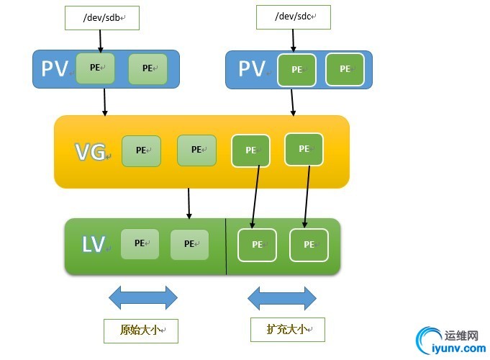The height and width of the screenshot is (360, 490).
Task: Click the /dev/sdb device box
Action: [101, 18]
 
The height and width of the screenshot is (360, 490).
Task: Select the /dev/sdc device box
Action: [292, 17]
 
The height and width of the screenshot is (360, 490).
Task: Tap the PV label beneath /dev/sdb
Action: [55, 68]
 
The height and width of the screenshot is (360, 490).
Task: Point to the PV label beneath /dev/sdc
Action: [253, 69]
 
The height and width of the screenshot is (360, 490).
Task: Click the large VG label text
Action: [91, 151]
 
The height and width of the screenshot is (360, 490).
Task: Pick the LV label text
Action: [94, 245]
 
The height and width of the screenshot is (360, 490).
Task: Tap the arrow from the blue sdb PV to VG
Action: [105, 102]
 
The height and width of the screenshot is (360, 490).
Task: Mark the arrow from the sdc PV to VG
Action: [292, 102]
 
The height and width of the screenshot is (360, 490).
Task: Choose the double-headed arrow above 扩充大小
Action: [282, 297]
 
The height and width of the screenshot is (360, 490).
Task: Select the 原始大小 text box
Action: [140, 331]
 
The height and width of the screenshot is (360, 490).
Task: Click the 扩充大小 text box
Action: [287, 329]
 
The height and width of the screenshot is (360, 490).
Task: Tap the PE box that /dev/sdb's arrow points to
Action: [95, 68]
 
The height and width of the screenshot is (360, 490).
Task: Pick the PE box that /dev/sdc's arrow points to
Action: [296, 70]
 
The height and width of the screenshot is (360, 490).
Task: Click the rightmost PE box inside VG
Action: [304, 149]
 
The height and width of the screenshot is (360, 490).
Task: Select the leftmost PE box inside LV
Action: [140, 244]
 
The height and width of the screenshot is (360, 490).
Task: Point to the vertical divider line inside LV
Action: [226, 246]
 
